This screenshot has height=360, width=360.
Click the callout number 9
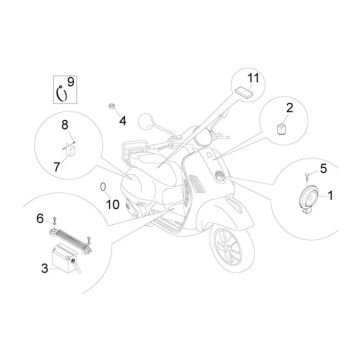point(70,80)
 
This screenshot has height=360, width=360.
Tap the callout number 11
point(253,78)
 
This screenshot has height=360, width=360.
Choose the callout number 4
point(124,120)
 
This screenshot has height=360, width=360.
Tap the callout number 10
point(112,206)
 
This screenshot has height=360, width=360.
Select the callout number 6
point(40,217)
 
